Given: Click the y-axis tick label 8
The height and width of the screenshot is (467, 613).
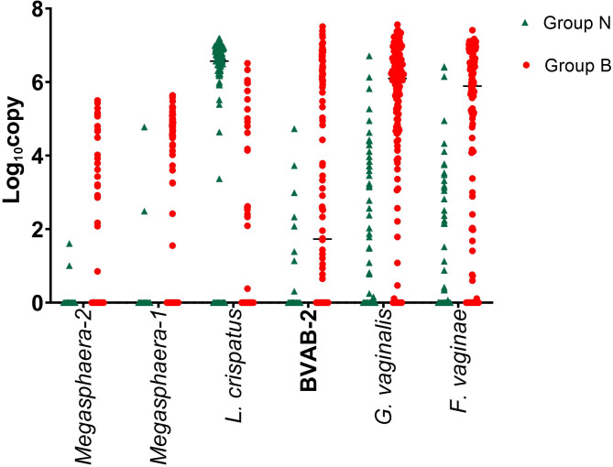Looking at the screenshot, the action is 38,10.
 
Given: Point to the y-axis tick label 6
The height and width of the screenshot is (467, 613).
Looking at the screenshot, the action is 38,82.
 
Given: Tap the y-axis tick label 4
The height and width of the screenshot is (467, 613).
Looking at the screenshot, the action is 38,156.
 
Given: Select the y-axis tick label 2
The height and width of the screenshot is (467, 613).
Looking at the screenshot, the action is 38,230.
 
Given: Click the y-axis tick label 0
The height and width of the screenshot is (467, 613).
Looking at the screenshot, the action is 38,303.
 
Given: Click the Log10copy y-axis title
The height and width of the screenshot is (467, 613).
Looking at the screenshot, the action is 13,150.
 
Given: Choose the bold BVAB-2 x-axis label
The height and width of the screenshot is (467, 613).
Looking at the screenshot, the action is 309,351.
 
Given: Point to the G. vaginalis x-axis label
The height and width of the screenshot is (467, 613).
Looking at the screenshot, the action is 383,366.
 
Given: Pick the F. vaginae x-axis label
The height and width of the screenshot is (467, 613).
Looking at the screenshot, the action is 458,361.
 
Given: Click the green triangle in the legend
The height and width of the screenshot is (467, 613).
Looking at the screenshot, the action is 525,24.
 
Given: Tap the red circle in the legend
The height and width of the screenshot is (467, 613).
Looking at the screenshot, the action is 526,66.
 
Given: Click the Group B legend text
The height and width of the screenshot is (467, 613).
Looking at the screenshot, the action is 577,66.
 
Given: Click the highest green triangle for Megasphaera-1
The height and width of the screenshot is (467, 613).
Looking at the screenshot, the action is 144,127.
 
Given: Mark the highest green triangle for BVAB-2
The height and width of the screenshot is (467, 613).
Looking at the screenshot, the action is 294,129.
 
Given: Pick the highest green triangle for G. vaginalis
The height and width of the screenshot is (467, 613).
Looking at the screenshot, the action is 369,56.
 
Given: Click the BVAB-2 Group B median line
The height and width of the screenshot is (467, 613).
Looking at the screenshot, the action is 323,239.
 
